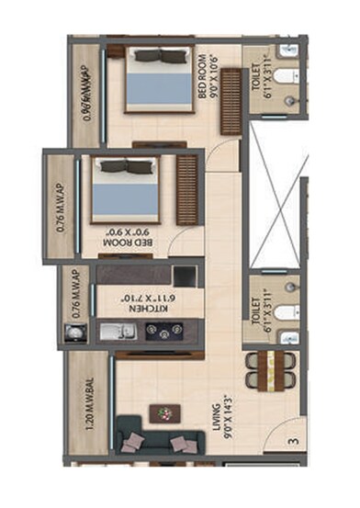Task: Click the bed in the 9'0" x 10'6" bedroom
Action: [155, 81]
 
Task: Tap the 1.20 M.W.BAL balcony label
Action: [86, 403]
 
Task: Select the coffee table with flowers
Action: [166, 412]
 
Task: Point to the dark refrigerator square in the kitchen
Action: [185, 275]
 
